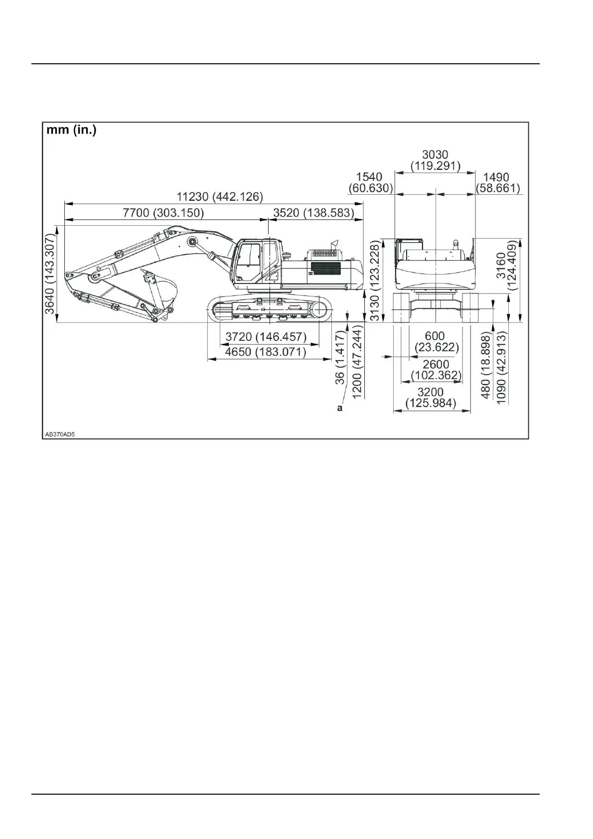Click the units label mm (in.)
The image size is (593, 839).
[71, 131]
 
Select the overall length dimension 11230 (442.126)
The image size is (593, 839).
[219, 196]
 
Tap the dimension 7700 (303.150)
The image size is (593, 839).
[163, 213]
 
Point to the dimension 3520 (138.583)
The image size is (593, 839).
[313, 213]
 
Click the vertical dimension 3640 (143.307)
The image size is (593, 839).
[50, 275]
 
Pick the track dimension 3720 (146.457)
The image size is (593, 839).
[266, 337]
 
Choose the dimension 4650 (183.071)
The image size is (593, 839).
[266, 352]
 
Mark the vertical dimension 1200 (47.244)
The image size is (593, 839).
[357, 362]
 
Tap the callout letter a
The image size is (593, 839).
[340, 408]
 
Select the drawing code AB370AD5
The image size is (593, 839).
[60, 434]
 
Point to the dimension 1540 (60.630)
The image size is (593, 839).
[370, 183]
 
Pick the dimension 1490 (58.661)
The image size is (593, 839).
[497, 183]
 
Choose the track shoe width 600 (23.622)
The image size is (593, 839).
[437, 341]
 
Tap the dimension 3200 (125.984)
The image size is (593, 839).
[431, 398]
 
